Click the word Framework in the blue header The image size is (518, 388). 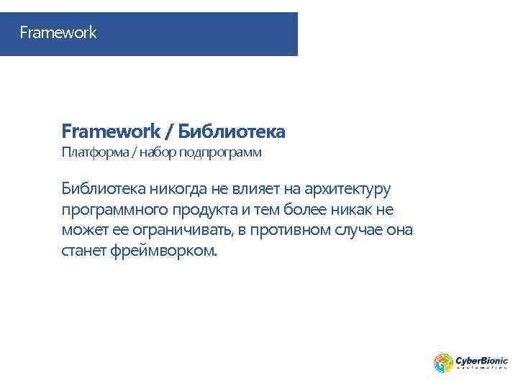pos(58,33)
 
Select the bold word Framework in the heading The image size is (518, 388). pos(109,131)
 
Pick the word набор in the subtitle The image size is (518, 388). pos(158,152)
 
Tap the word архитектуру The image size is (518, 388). pos(347,190)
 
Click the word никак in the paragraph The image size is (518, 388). pos(346,210)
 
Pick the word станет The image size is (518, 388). pos(84,251)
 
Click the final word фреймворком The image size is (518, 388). pos(163,252)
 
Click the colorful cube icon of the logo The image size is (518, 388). pos(442,363)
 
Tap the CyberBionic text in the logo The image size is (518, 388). pos(481,360)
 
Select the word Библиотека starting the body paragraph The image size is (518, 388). pos(104,189)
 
